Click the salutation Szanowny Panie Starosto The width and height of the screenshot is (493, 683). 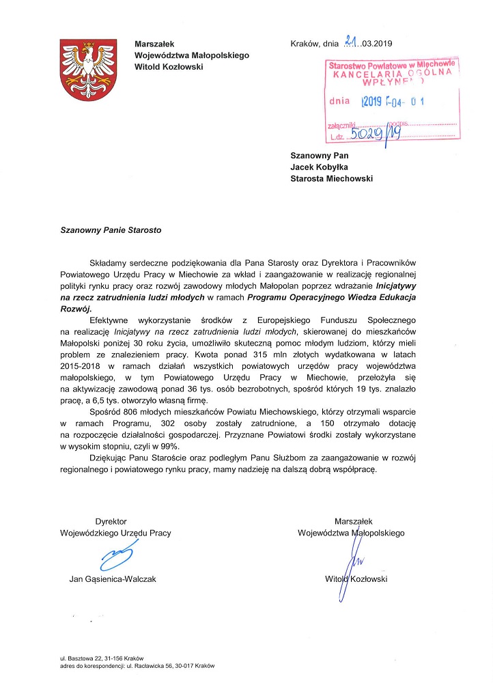click(x=111, y=230)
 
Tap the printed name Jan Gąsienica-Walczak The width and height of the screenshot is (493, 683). click(x=113, y=579)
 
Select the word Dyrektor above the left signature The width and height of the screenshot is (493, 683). click(x=111, y=521)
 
